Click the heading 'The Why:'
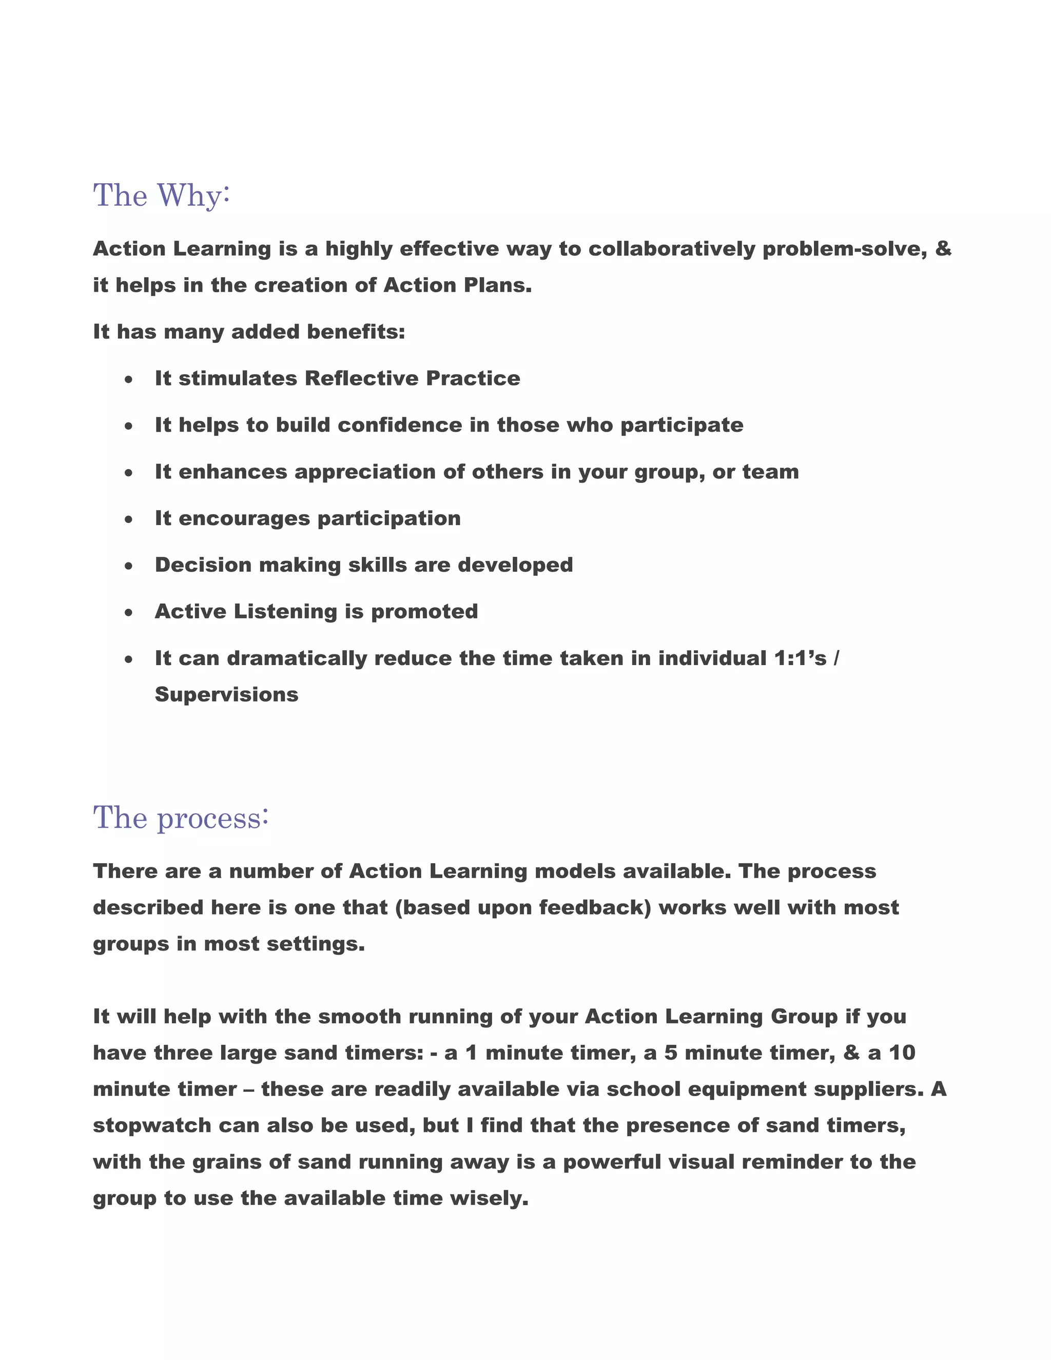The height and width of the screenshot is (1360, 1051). (161, 196)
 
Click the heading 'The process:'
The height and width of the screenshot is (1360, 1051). (181, 818)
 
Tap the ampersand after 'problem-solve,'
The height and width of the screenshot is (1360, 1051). (943, 248)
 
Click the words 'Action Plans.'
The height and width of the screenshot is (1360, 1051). (458, 285)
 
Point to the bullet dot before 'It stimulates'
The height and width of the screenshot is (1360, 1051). (128, 379)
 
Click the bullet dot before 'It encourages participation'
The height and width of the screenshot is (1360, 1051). (128, 519)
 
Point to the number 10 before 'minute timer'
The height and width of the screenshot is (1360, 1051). (902, 1053)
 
